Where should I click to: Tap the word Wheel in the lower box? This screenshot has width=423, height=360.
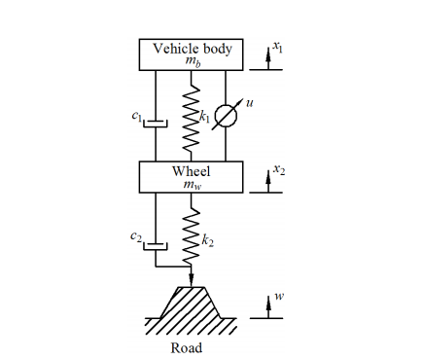(191, 170)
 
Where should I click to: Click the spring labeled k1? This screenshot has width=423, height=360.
(192, 116)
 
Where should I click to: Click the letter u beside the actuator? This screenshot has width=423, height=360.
(249, 100)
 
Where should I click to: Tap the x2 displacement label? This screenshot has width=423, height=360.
(279, 169)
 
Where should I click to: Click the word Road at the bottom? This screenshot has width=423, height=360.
(186, 347)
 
